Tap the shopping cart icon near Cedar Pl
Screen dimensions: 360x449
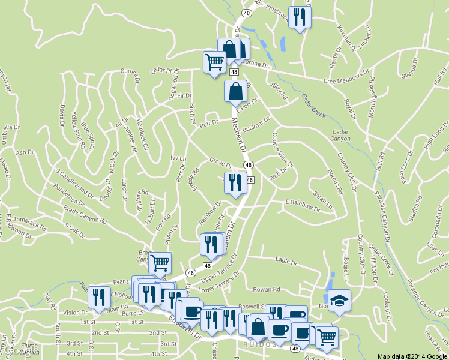[214, 62]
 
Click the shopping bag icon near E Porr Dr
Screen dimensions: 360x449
[235, 92]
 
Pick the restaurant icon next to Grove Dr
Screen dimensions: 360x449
[235, 182]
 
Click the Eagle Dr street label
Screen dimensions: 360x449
[286, 262]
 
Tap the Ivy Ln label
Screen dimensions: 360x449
[179, 158]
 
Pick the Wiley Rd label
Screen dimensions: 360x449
[279, 91]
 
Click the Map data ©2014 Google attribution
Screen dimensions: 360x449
[412, 356]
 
